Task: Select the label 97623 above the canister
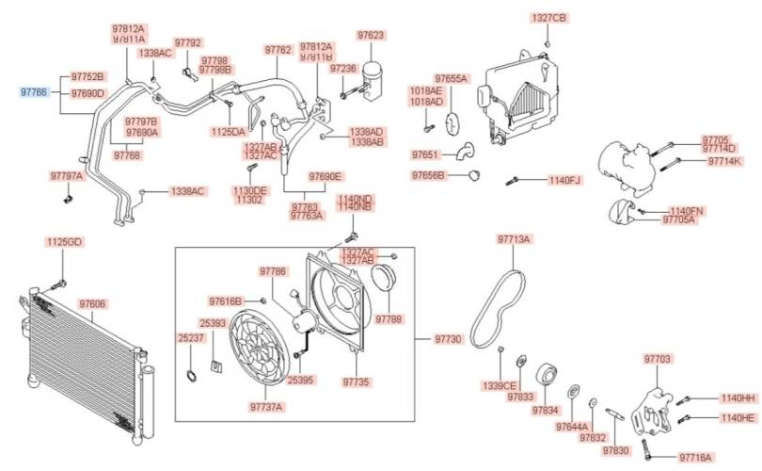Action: [371, 35]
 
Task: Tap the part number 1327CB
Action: [548, 18]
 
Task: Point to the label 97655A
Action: [451, 78]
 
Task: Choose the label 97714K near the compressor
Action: [725, 161]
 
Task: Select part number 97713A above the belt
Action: [514, 240]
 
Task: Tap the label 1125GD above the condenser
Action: [64, 242]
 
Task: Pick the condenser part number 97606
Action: [92, 304]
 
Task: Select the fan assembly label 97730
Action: [448, 338]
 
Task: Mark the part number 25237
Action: [190, 336]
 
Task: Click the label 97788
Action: [389, 319]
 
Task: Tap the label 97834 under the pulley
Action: [545, 411]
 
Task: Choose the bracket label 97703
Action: [658, 359]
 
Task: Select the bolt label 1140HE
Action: [738, 417]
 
